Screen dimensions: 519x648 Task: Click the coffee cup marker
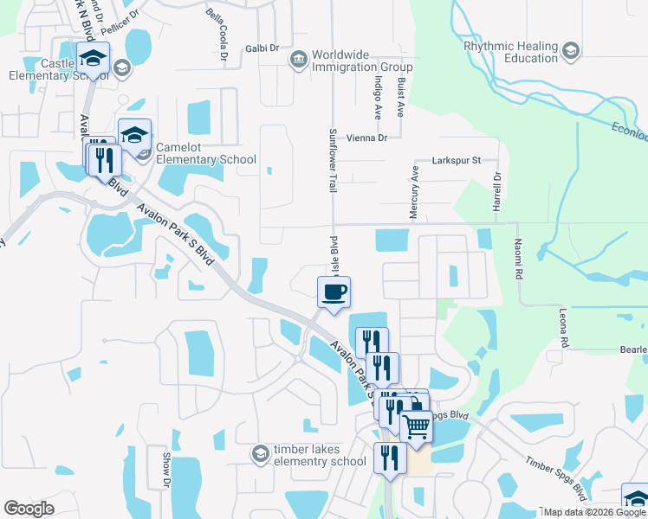tap(334, 292)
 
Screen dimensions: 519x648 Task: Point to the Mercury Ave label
tap(415, 186)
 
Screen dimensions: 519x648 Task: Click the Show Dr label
tap(165, 467)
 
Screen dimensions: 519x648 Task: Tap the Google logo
tap(29, 509)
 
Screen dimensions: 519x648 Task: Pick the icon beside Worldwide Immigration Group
tap(298, 58)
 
